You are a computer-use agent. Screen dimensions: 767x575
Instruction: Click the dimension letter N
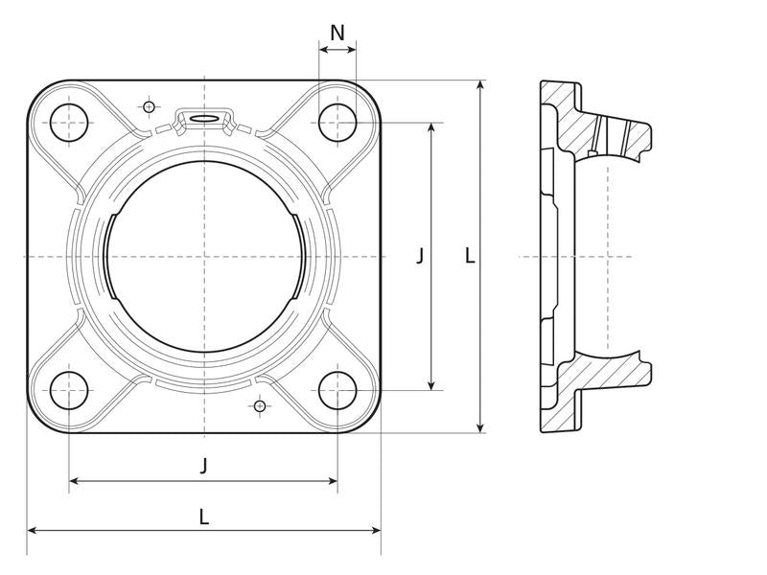click(337, 34)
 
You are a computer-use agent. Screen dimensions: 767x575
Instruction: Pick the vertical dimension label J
click(420, 256)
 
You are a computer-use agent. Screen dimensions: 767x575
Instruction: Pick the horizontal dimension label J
click(204, 466)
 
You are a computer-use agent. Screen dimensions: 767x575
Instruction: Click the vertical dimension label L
click(470, 256)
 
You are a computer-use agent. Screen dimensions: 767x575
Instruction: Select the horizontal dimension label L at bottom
click(204, 517)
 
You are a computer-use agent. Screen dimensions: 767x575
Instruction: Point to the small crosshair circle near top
click(150, 107)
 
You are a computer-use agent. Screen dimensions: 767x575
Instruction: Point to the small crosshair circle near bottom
click(260, 405)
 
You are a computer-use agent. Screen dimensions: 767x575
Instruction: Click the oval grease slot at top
click(203, 118)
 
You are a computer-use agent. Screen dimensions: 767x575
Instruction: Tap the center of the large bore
click(204, 256)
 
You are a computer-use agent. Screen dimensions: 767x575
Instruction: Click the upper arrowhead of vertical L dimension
click(481, 85)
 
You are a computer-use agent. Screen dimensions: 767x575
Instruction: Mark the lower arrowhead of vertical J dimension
click(430, 385)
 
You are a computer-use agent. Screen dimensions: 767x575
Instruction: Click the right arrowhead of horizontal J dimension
click(332, 481)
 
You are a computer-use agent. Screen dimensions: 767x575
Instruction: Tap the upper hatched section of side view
click(595, 123)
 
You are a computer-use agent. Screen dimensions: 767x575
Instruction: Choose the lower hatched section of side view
click(595, 391)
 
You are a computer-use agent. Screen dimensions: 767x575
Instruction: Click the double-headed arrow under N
click(337, 50)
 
